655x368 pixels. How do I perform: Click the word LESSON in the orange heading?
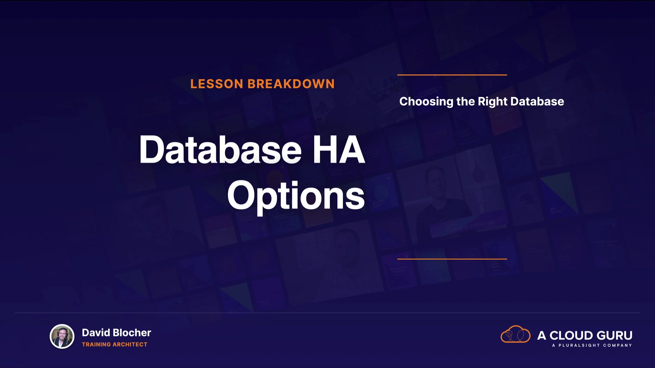(x=217, y=84)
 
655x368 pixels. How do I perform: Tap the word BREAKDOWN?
(x=291, y=84)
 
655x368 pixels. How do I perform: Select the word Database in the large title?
(x=221, y=150)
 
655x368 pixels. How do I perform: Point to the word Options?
(x=296, y=197)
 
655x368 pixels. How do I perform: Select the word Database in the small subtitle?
(x=537, y=101)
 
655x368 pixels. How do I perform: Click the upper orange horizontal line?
(x=452, y=75)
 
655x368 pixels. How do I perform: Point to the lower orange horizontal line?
(x=452, y=259)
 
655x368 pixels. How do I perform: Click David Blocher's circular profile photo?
(x=62, y=336)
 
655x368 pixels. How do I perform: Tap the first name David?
(x=96, y=333)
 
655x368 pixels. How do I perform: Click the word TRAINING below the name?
(x=97, y=344)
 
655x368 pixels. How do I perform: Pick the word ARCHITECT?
(x=130, y=344)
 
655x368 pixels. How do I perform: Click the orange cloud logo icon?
(x=515, y=334)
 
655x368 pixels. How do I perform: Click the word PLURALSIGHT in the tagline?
(x=579, y=345)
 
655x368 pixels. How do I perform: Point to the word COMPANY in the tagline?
(x=617, y=345)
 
